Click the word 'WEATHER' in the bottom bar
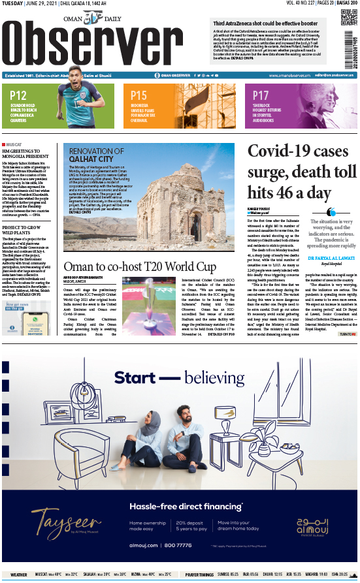[x=19, y=575]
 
